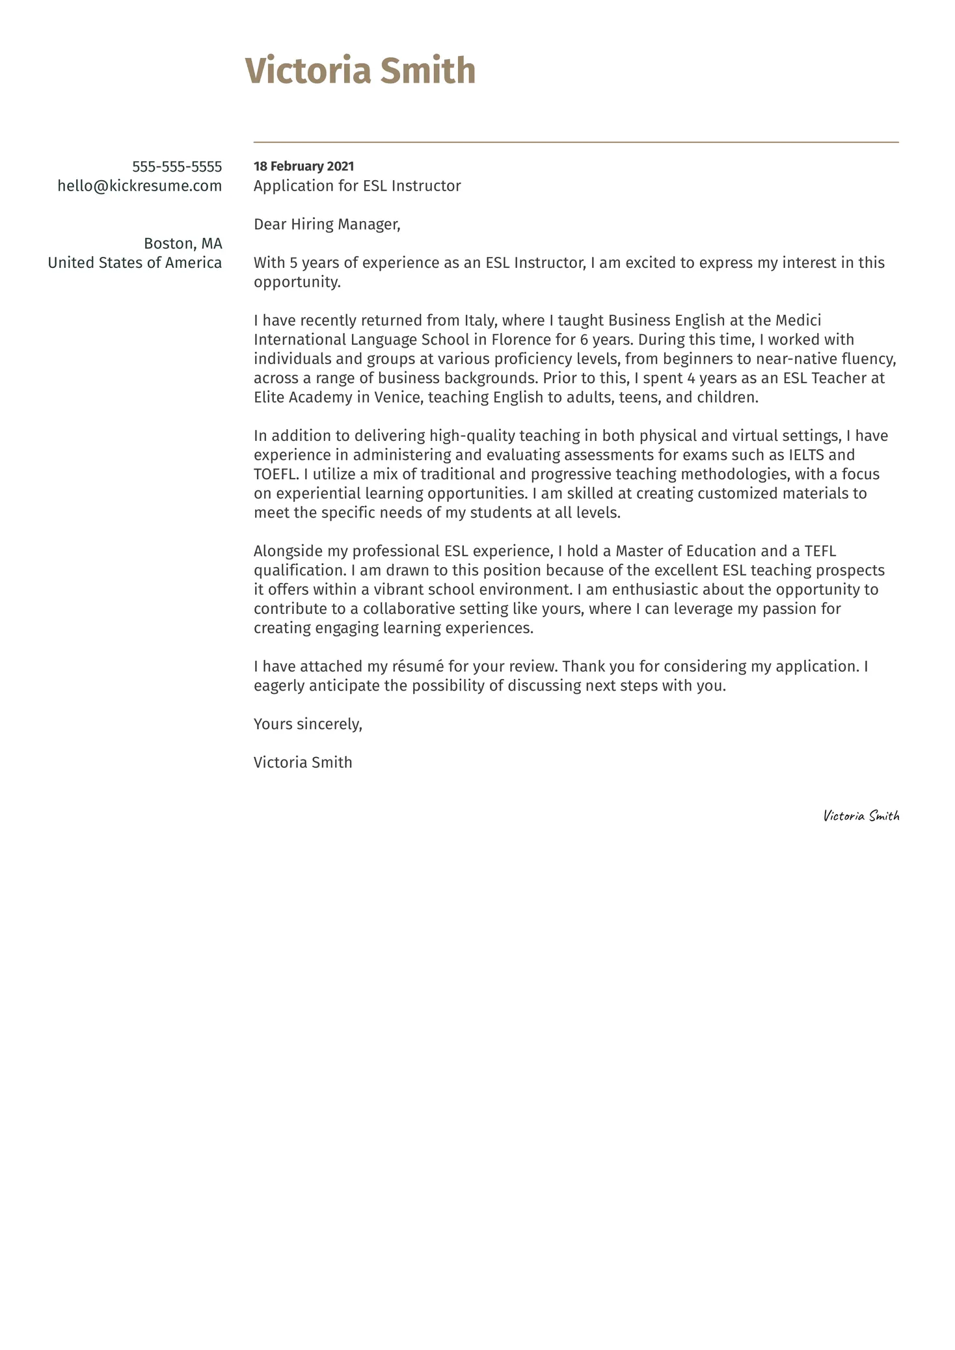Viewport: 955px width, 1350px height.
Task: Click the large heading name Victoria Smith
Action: pos(360,71)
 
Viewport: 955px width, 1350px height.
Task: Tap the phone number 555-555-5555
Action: pos(177,166)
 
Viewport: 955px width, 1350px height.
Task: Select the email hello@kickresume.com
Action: pos(140,186)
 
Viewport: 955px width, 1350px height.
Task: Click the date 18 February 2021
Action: pos(304,166)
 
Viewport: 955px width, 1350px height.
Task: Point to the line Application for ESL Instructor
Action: pos(357,186)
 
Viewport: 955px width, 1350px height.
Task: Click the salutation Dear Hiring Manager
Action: pos(327,224)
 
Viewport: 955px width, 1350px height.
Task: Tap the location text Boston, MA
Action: pos(183,244)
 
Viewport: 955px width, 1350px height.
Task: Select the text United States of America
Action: pos(135,263)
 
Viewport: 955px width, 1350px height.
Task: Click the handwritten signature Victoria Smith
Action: pos(861,815)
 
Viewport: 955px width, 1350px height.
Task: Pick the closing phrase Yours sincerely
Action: pos(308,724)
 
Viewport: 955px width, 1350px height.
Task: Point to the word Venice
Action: pos(397,397)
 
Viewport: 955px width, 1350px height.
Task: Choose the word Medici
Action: pos(798,321)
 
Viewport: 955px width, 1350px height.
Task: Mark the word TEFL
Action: pos(820,551)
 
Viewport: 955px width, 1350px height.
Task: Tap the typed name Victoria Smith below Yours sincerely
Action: pos(303,762)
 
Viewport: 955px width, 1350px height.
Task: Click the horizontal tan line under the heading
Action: pos(576,142)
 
